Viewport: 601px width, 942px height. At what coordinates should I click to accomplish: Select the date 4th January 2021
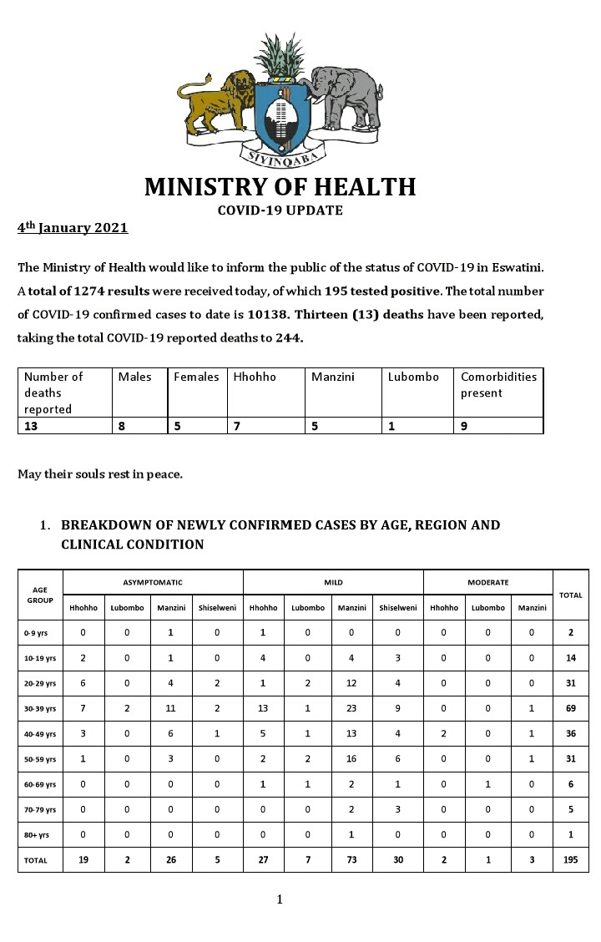pos(73,227)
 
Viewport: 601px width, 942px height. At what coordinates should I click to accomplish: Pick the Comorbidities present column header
pos(498,385)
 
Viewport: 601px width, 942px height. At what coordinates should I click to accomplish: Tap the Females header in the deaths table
pos(196,377)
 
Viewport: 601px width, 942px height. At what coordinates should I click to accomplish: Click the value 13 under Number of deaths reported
pos(32,425)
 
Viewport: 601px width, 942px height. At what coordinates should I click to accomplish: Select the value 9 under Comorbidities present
pos(465,425)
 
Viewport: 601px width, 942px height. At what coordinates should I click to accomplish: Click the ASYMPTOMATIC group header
pos(153,582)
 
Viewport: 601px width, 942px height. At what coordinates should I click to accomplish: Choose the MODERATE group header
pos(488,582)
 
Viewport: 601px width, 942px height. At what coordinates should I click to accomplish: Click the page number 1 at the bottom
pos(280,899)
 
